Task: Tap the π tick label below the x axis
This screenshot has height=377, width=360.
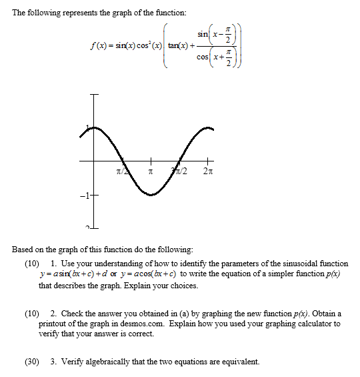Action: [151, 172]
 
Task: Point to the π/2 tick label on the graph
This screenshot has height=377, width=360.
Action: [119, 172]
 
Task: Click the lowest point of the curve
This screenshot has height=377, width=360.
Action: [151, 195]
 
